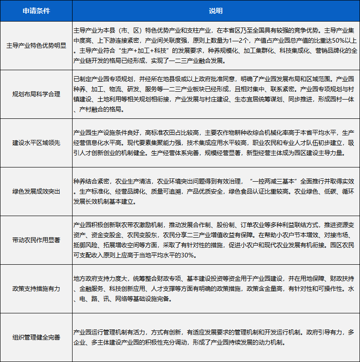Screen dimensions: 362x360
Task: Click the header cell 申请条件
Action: (36, 10)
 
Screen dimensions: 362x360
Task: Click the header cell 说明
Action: (215, 10)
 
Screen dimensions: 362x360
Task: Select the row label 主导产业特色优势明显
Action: (36, 45)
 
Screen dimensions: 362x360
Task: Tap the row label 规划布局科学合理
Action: (36, 94)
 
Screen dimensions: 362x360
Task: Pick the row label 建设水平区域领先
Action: (36, 143)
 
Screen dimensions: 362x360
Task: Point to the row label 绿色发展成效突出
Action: (36, 191)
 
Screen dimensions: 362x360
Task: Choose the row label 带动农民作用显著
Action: (36, 240)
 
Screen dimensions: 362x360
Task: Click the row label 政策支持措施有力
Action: (36, 289)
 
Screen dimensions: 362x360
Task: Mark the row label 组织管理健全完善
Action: (36, 337)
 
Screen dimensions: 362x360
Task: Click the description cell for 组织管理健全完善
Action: (215, 337)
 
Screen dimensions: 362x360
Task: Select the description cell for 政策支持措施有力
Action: (215, 289)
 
